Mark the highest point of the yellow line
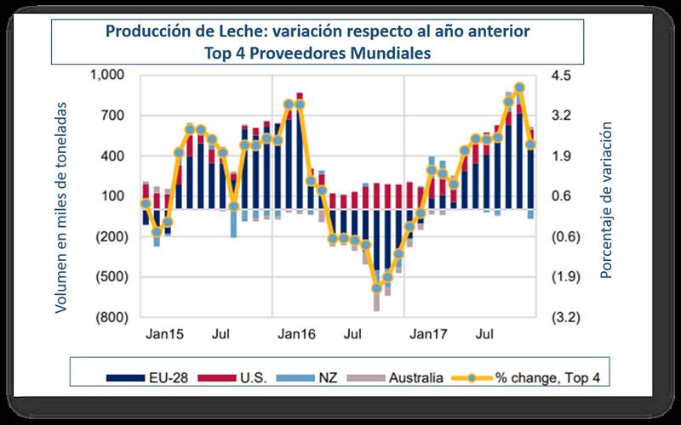pos(519,87)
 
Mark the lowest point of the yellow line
pos(377,288)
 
